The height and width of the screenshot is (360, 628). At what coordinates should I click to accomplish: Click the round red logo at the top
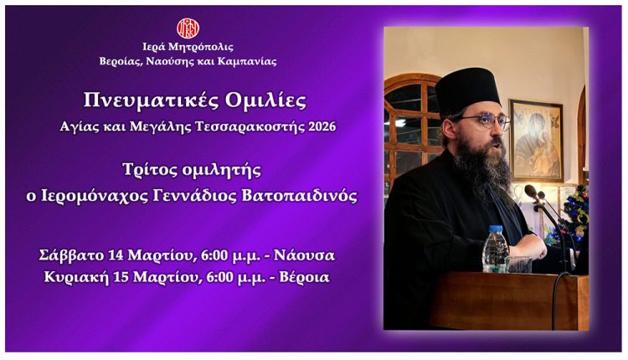click(188, 28)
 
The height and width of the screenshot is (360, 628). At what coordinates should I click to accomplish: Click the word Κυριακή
click(71, 277)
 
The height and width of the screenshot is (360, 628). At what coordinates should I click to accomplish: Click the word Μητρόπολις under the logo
click(204, 47)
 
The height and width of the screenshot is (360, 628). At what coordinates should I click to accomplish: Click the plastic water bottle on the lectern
click(495, 249)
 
